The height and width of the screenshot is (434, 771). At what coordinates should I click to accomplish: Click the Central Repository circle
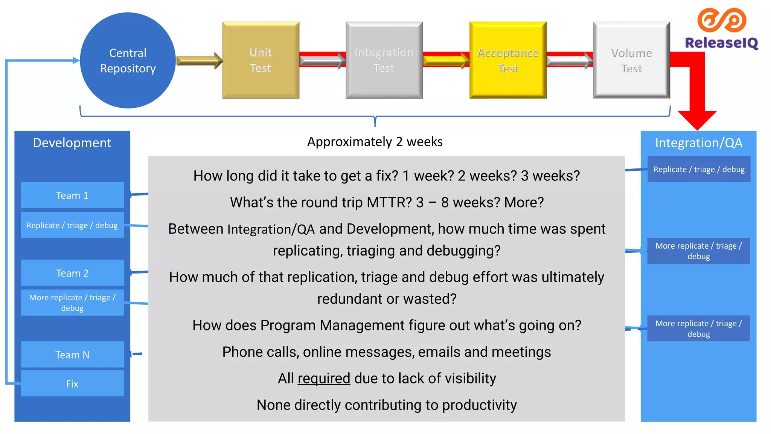128,60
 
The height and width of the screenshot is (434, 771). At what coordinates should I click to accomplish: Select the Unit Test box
261,60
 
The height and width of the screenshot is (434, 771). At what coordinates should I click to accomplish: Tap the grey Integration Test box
384,60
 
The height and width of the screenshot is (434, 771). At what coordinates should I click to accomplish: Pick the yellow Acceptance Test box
507,60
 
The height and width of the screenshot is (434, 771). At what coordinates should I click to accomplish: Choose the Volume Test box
631,60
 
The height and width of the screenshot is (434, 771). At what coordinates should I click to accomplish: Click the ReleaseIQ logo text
721,43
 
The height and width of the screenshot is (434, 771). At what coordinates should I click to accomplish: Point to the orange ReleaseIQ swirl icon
721,20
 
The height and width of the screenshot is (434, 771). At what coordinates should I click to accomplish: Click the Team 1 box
72,195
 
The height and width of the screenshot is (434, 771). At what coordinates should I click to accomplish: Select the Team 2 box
72,273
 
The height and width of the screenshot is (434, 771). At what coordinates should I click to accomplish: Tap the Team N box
72,355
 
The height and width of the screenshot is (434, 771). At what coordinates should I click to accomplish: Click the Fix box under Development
72,384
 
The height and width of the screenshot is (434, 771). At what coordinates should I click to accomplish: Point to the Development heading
72,143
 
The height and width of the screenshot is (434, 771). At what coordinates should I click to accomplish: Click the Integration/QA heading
698,143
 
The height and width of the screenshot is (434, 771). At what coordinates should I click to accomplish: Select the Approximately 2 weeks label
375,142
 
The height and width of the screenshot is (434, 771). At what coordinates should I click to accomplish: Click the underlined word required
324,378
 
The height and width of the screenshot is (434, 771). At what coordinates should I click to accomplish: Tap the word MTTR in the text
389,202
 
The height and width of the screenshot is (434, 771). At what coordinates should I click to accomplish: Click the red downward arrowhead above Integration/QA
697,120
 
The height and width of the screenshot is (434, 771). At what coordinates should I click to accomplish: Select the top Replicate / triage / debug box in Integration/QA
699,169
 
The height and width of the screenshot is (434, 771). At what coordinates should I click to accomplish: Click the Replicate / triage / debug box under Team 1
72,225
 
